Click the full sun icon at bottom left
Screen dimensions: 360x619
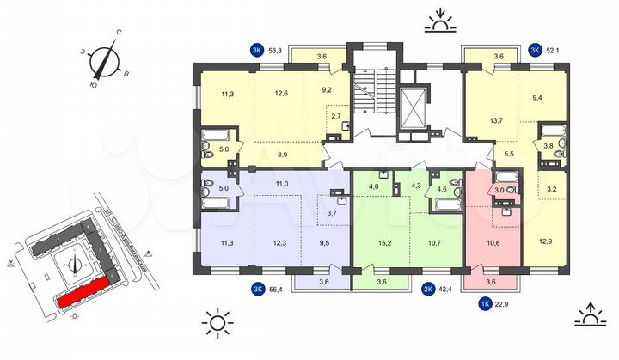click(218, 323)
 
